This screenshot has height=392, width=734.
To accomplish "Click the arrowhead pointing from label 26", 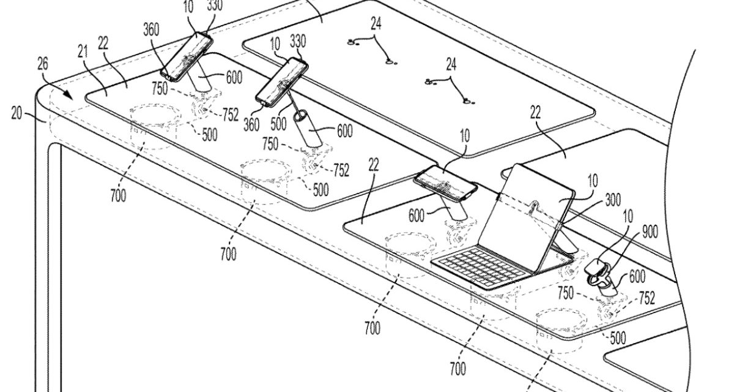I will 72,97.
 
